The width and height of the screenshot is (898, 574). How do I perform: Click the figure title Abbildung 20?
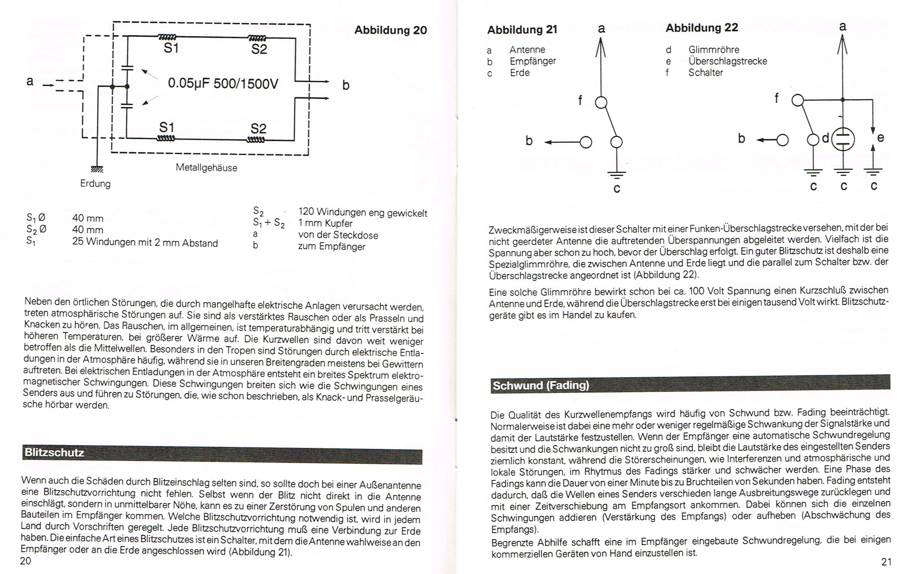[390, 30]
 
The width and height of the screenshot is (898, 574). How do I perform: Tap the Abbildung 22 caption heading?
[702, 28]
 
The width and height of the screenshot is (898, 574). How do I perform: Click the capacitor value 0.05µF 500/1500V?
[223, 83]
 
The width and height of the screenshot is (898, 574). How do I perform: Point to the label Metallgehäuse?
[206, 168]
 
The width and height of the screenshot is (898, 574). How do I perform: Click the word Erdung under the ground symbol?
[95, 184]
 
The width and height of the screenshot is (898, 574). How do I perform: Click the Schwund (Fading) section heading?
[541, 385]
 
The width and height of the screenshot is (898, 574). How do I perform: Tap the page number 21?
[886, 562]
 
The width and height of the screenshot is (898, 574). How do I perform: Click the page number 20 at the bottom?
[25, 561]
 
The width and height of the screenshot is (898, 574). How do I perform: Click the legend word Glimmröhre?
[713, 50]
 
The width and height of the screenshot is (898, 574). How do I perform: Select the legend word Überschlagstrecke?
[727, 61]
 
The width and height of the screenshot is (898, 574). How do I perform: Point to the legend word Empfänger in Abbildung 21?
[532, 61]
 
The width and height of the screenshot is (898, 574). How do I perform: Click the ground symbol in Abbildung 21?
[616, 174]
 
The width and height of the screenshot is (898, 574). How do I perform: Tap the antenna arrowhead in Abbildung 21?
[601, 47]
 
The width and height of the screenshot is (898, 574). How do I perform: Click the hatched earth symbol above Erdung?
[97, 169]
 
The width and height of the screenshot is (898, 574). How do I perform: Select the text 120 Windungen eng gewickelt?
[362, 213]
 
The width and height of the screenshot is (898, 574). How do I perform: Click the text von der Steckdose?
[338, 235]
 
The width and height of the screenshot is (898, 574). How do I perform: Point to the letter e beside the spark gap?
[881, 138]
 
